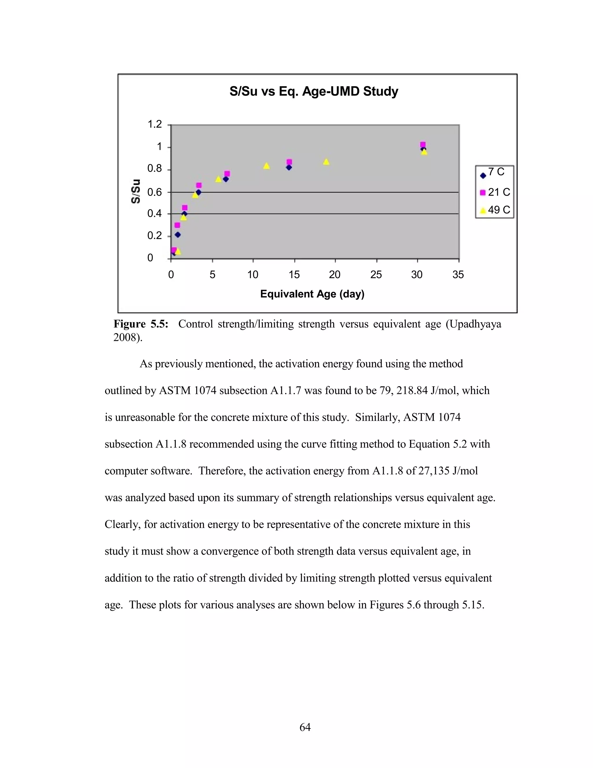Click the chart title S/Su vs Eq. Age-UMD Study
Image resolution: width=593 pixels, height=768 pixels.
point(314,91)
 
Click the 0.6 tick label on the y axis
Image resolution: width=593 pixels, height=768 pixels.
point(155,192)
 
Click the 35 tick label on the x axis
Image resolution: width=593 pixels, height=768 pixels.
point(458,275)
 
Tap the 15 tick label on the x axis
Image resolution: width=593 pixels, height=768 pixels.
point(294,275)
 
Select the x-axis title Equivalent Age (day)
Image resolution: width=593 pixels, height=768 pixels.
point(312,294)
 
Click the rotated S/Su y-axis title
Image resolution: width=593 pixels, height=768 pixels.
point(136,191)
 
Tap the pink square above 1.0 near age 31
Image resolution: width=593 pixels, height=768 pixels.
point(423,145)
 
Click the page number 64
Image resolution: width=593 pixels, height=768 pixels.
point(305,727)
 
